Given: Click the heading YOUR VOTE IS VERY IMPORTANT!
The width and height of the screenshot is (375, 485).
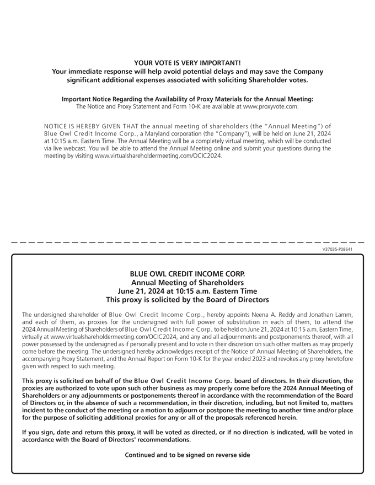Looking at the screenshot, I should tap(187, 63).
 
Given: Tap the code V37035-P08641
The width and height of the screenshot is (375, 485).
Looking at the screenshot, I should tap(337, 249).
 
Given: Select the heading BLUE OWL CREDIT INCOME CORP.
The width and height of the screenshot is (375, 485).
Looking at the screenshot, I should tap(187, 274).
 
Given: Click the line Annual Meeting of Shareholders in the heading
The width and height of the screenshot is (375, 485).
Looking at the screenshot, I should tap(187, 283).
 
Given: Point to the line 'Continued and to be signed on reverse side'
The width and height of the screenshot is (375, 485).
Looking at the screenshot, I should tap(187, 455).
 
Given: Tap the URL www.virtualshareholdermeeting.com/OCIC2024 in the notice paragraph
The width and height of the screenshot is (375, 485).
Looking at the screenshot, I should tap(158, 155).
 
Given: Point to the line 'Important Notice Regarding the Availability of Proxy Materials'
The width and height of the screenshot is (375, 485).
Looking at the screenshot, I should tap(187, 99).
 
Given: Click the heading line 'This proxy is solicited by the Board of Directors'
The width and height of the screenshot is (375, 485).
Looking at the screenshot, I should tap(187, 300).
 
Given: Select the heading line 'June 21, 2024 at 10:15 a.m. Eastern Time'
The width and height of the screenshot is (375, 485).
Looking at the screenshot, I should tap(187, 291).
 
